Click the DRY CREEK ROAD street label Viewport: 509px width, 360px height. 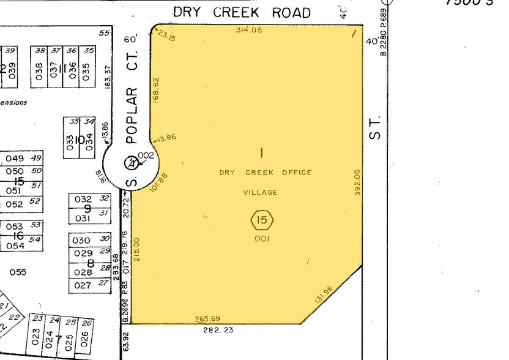pyautogui.click(x=242, y=12)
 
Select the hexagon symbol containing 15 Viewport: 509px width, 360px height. pyautogui.click(x=262, y=219)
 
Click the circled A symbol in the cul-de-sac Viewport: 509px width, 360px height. pyautogui.click(x=130, y=163)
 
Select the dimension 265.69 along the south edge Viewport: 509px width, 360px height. pyautogui.click(x=207, y=318)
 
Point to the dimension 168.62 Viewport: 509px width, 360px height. pyautogui.click(x=156, y=89)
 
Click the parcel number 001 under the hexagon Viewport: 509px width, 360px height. pyautogui.click(x=262, y=239)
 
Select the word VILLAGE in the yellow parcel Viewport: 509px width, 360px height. pyautogui.click(x=261, y=192)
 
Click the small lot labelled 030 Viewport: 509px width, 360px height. pyautogui.click(x=82, y=240)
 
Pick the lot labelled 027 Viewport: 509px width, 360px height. pyautogui.click(x=82, y=285)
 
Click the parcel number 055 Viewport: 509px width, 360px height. pyautogui.click(x=18, y=272)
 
